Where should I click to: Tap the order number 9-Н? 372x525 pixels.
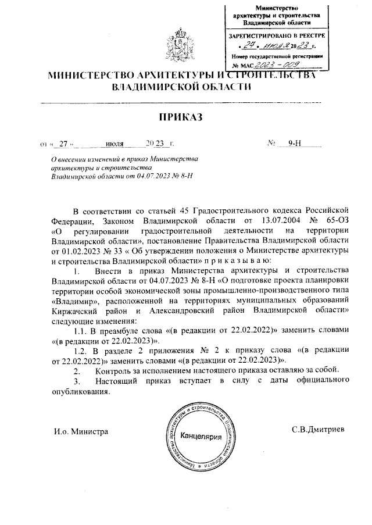294,143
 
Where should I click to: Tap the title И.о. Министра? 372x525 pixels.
81,431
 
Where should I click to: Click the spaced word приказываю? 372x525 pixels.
229,261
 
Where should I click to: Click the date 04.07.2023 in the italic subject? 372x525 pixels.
143,175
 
